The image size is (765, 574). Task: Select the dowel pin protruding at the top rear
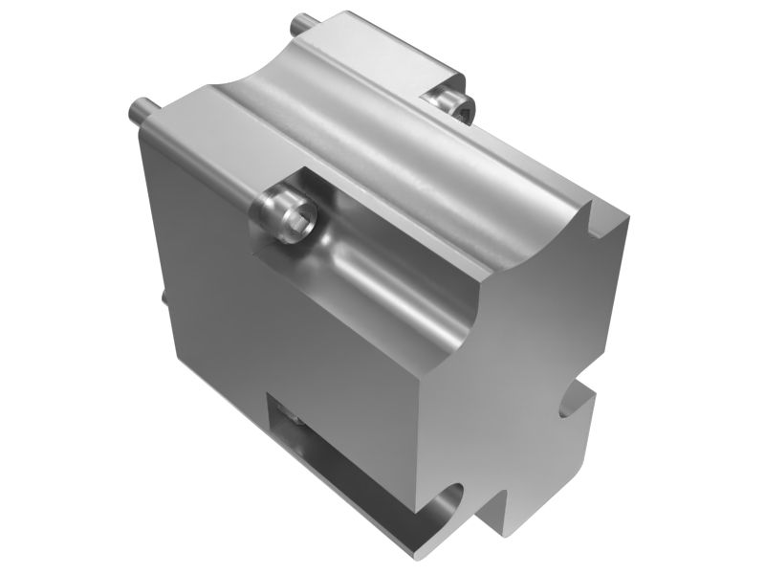click(x=304, y=20)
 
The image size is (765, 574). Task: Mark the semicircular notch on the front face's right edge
click(x=577, y=398)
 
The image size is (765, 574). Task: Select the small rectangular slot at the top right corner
click(x=601, y=222)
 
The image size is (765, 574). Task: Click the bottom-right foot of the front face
click(x=516, y=521)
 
